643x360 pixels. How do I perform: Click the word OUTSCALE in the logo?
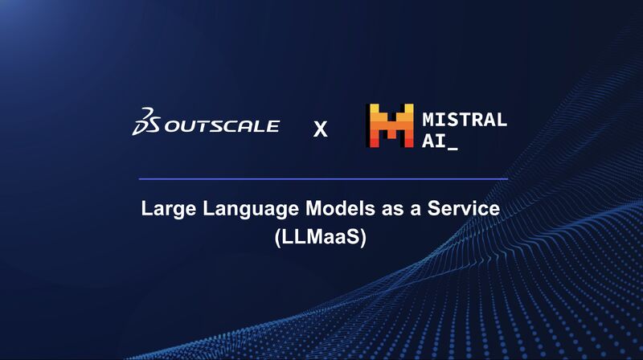(x=222, y=126)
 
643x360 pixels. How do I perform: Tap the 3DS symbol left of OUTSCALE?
(x=146, y=121)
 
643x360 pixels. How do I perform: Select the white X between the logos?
(x=320, y=129)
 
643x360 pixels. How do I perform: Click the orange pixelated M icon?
(x=390, y=125)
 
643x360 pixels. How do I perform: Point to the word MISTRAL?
(x=465, y=120)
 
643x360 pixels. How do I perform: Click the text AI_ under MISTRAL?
(x=440, y=142)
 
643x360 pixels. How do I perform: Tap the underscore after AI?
(x=453, y=149)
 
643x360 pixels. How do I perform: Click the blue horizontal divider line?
(x=323, y=179)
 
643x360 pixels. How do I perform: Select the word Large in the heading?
(x=169, y=209)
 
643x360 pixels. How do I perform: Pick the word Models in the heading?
(x=340, y=208)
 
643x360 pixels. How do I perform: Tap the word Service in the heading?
(x=464, y=208)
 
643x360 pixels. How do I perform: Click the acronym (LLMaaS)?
(x=320, y=237)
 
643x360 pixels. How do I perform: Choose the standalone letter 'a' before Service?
(x=416, y=210)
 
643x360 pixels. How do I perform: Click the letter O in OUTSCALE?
(x=174, y=126)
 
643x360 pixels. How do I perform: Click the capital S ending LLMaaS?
(x=352, y=237)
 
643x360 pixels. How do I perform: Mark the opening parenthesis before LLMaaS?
(x=277, y=238)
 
